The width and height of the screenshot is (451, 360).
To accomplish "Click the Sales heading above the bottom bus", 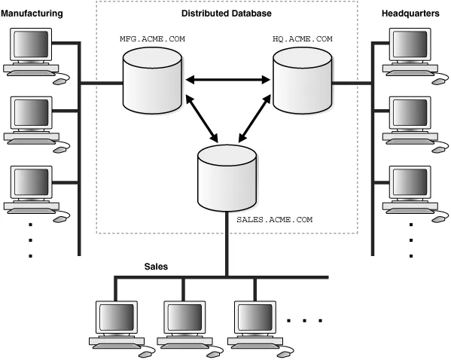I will point(156,267).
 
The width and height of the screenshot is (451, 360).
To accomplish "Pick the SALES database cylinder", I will point(227,177).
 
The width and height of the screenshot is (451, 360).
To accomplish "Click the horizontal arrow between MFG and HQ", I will point(227,78).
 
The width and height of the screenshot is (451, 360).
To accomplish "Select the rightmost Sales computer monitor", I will point(254,317).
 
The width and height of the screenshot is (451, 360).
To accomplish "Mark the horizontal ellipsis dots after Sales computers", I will point(304,321).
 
